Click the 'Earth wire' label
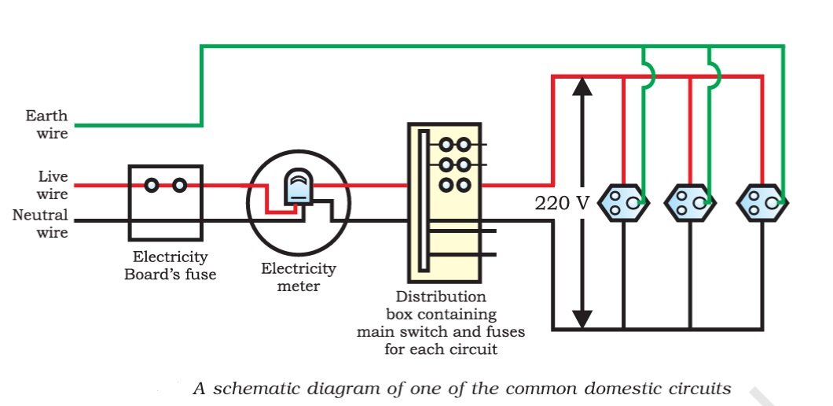[x=46, y=124]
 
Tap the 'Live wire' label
[x=53, y=184]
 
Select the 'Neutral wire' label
[x=40, y=223]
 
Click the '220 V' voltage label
[x=562, y=203]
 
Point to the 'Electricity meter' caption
[x=299, y=277]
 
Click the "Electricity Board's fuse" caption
[x=170, y=265]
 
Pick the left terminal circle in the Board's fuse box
[x=152, y=185]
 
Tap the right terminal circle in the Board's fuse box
[x=179, y=185]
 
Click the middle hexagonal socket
[x=690, y=202]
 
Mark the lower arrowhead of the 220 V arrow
[x=582, y=319]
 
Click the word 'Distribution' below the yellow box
[x=441, y=297]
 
